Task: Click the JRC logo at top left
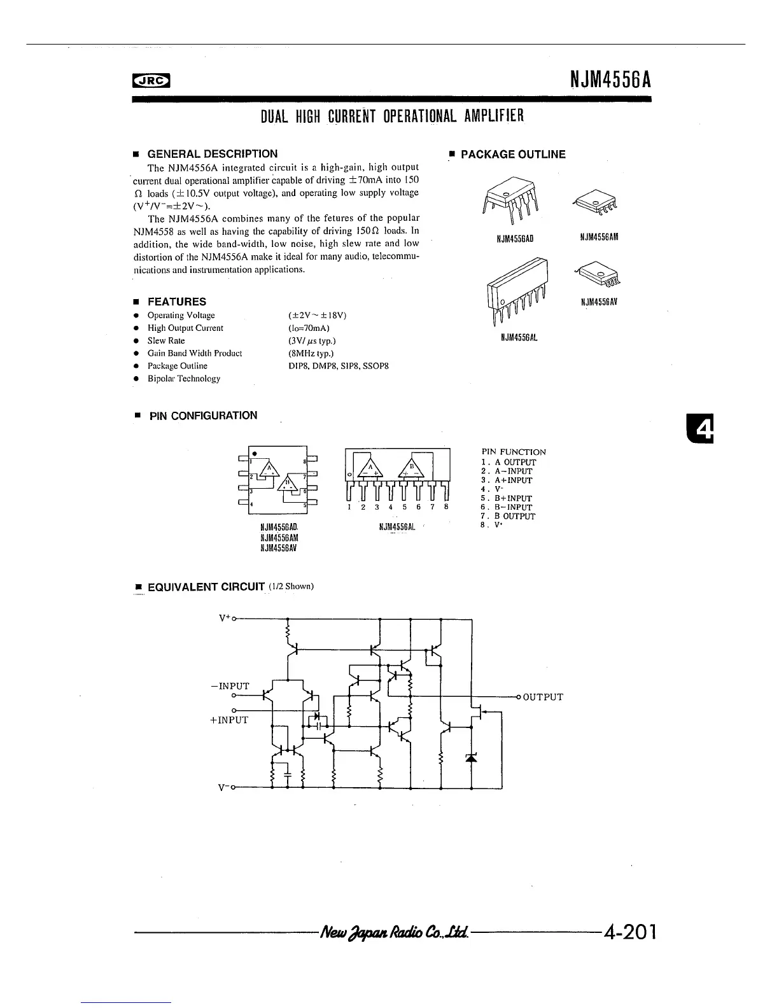tap(151, 80)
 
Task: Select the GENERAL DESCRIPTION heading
tap(212, 154)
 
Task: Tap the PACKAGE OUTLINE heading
tap(512, 155)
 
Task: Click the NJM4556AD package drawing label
tap(514, 239)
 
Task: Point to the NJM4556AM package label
tap(599, 237)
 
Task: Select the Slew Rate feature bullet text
tap(166, 341)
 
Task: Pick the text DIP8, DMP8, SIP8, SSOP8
tap(338, 367)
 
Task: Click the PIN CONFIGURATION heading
tap(203, 416)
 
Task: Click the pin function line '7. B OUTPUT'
tap(509, 517)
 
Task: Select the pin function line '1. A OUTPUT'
tap(509, 463)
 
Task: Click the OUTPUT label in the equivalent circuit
tap(542, 697)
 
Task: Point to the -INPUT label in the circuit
tap(230, 686)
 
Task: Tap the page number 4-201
tap(629, 933)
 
